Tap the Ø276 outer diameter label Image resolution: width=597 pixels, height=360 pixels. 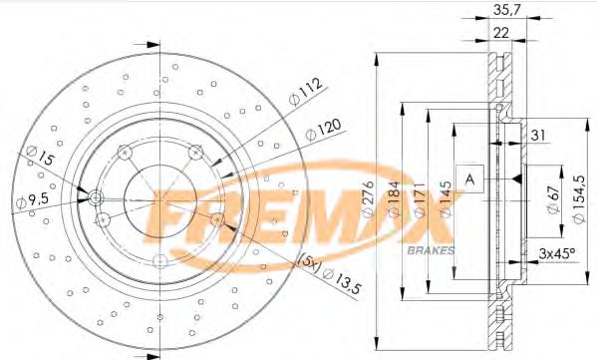(367, 199)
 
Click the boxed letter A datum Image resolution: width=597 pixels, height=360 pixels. (470, 179)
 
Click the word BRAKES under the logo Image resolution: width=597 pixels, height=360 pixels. (432, 249)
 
